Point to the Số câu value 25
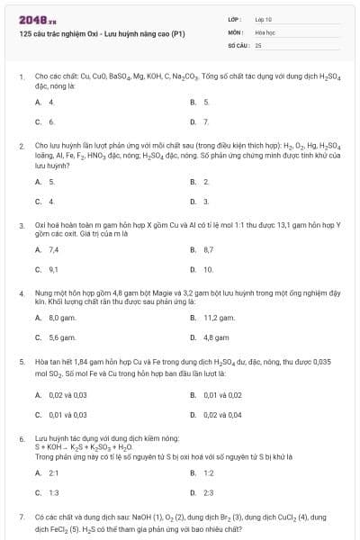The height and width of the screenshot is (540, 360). (258, 43)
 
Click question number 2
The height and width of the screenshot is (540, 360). (21, 145)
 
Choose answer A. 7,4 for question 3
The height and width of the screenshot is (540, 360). (48, 249)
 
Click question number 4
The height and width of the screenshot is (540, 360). (21, 293)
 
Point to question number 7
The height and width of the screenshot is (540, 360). (21, 517)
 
